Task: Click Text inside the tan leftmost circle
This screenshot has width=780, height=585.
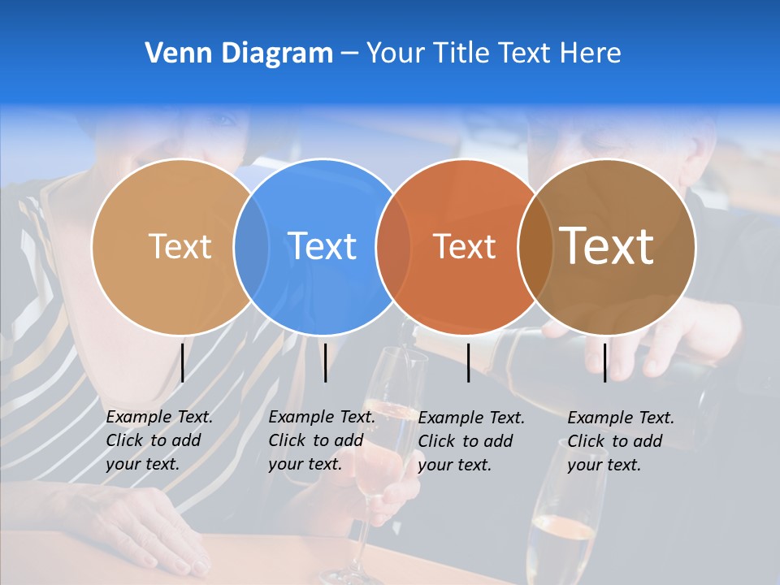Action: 180,246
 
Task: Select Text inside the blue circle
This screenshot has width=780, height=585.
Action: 322,246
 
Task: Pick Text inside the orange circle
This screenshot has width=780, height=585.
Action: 464,246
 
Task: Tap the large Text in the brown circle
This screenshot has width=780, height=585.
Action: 606,246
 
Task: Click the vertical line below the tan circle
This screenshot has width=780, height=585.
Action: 183,362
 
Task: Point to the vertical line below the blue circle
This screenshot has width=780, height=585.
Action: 325,362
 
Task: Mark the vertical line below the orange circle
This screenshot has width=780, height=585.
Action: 468,362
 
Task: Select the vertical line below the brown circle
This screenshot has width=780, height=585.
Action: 604,362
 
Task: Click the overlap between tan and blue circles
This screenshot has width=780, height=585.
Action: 251,246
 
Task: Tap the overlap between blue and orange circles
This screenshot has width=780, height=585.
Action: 394,246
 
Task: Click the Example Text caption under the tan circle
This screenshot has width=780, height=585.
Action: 158,440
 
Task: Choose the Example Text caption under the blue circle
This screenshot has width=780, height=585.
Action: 321,440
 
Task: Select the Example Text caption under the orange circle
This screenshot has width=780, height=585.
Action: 470,440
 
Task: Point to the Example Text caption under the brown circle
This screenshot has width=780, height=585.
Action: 620,440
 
